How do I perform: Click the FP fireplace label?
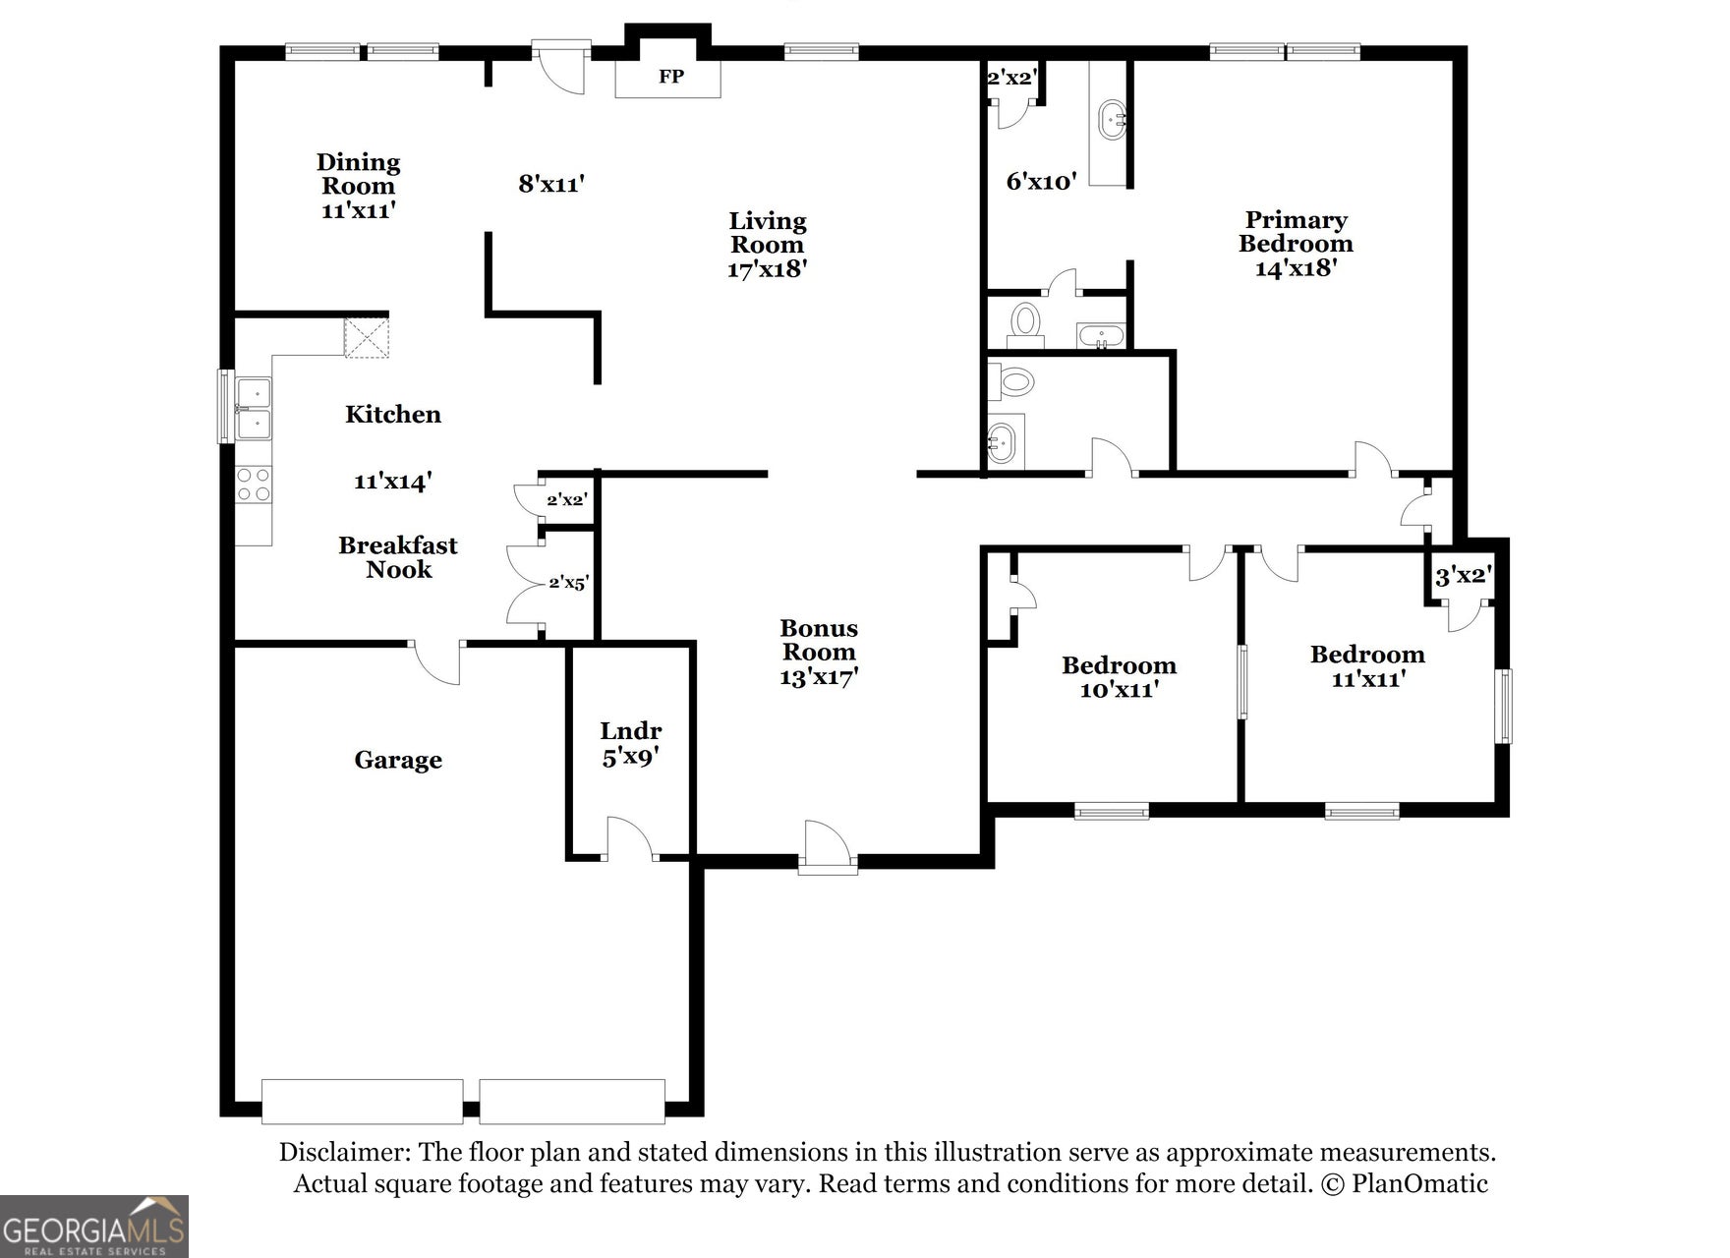coord(671,77)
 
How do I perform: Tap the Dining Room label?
coord(358,174)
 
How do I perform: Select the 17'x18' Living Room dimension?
coord(767,268)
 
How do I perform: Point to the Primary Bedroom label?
coord(1296,232)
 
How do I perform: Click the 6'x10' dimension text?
coord(1041,181)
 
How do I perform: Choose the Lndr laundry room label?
coord(631,731)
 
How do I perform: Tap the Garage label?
coord(398,760)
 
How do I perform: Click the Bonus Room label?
coord(819,640)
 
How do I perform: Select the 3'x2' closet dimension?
coord(1464,576)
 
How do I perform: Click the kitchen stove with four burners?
coord(254,485)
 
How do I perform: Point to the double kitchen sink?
coord(253,408)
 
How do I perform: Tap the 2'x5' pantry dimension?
coord(568,583)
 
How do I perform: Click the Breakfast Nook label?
coord(398,557)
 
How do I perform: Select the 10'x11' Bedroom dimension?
coord(1120,690)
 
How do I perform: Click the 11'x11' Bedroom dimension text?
coord(1367,678)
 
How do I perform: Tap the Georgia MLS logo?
coord(94,1227)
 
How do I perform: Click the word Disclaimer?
coord(344,1153)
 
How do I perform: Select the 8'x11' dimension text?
coord(551,183)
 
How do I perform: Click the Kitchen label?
coord(393,415)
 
